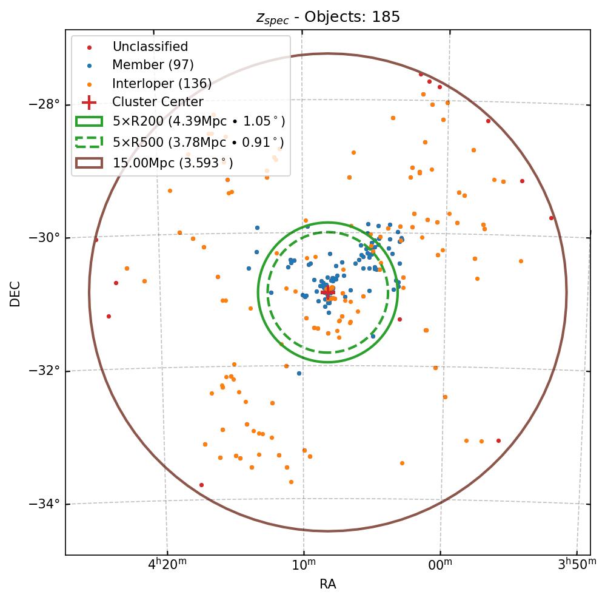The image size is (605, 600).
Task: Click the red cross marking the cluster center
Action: [327, 292]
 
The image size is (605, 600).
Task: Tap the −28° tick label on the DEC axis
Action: [44, 104]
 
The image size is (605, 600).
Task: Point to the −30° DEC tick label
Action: [44, 237]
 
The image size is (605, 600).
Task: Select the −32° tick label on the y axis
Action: [44, 371]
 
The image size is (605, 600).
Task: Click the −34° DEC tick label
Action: [44, 504]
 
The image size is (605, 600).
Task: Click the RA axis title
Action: [327, 584]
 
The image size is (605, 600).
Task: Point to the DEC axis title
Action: [15, 293]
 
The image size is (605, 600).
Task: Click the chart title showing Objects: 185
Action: [327, 17]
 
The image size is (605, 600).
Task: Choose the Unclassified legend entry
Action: [150, 47]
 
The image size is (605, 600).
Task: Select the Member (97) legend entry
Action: [153, 65]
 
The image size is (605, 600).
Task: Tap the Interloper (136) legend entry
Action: [162, 84]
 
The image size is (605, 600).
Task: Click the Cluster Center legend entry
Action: [158, 102]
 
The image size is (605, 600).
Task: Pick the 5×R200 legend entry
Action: [198, 121]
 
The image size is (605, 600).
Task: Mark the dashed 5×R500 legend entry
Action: [198, 143]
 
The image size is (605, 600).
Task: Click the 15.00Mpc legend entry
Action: [173, 163]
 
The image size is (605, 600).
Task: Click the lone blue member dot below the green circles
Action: [299, 373]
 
